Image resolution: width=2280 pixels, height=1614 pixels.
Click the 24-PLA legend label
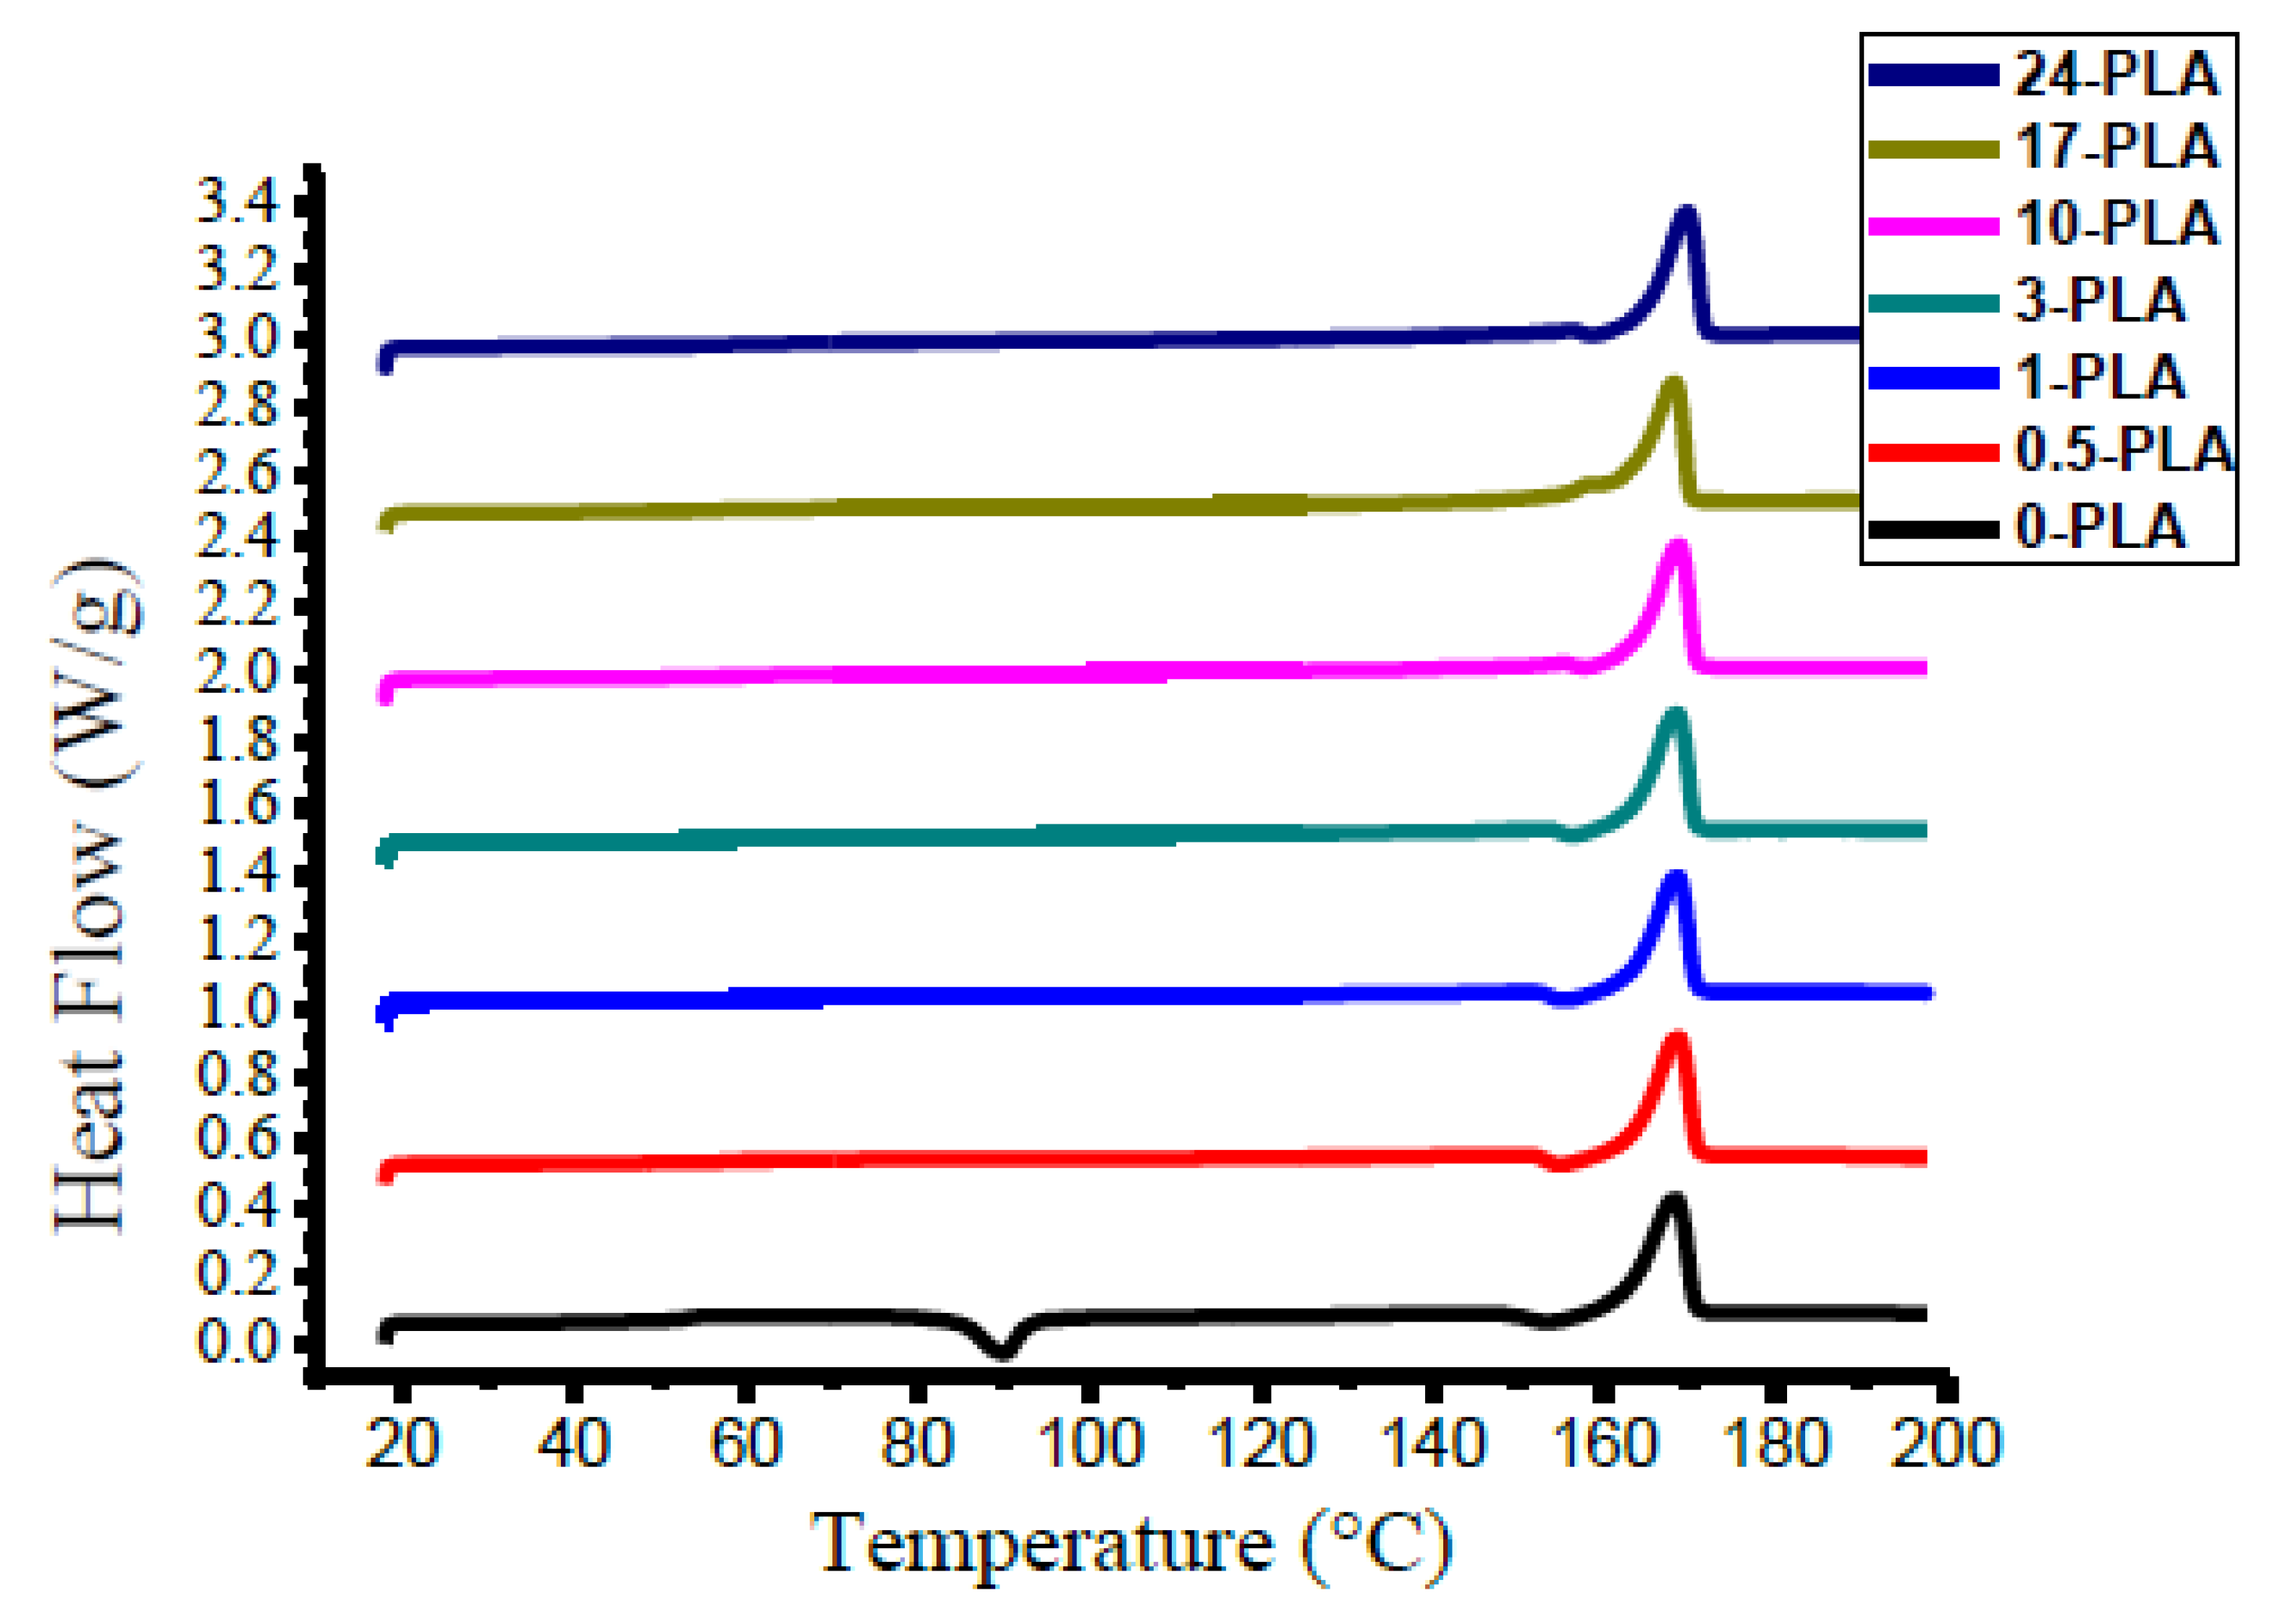pos(2115,75)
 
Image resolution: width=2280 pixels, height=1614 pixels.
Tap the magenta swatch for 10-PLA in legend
pos(1933,226)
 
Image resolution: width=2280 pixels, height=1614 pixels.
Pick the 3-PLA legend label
pos(2099,300)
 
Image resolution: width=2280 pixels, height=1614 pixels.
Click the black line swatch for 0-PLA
pos(1933,528)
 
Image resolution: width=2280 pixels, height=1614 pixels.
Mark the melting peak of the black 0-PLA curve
pos(1673,1201)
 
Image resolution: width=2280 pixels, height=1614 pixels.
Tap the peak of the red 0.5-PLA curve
pos(1676,1039)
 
